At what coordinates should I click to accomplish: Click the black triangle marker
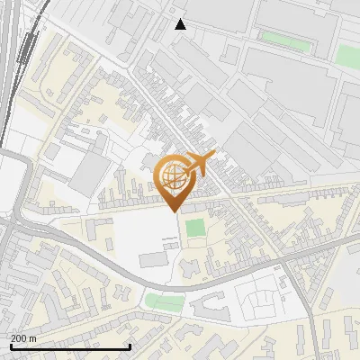(x=180, y=24)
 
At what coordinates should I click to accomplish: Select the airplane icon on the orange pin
(x=198, y=165)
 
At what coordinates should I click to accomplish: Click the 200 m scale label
(x=23, y=338)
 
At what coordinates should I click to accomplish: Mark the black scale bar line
(x=70, y=346)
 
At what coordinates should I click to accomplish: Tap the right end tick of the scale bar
(x=130, y=346)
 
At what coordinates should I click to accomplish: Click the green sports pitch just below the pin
(x=195, y=228)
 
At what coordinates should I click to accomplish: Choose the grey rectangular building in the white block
(x=153, y=259)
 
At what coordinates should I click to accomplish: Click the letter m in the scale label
(x=32, y=338)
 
